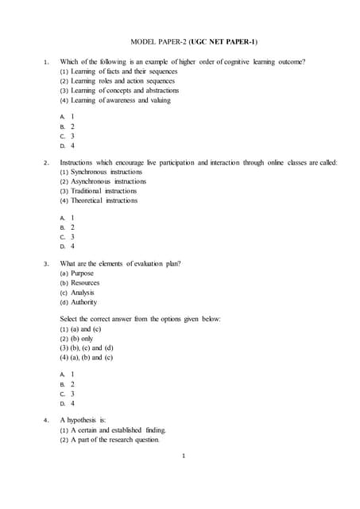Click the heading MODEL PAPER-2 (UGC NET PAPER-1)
click(x=193, y=41)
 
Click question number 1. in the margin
click(x=46, y=62)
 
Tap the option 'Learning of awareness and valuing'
click(x=115, y=100)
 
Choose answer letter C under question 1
click(x=63, y=136)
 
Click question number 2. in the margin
click(x=46, y=163)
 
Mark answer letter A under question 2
click(x=63, y=217)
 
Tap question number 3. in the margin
click(x=46, y=264)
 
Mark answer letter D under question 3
click(x=63, y=403)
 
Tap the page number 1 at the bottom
click(x=183, y=457)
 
